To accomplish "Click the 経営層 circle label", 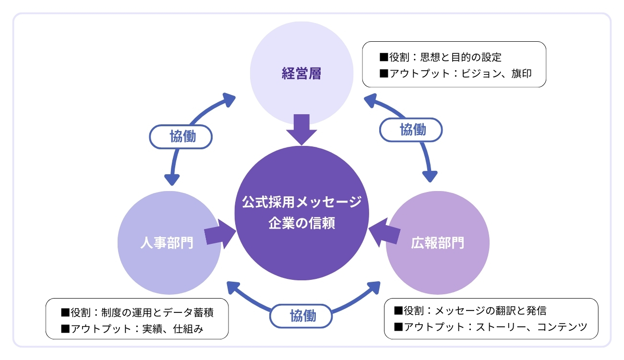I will [x=301, y=74].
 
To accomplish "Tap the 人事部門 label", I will [x=167, y=242].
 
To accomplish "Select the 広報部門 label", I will [x=437, y=242].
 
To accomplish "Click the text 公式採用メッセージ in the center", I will [x=301, y=202].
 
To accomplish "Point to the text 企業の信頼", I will [x=301, y=224].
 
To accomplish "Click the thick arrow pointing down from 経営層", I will [x=301, y=129].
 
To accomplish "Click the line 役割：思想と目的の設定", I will [x=440, y=58].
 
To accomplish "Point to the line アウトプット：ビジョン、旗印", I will [x=455, y=74].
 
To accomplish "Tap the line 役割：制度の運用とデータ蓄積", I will [x=137, y=313].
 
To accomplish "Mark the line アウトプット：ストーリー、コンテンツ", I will [x=491, y=327].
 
